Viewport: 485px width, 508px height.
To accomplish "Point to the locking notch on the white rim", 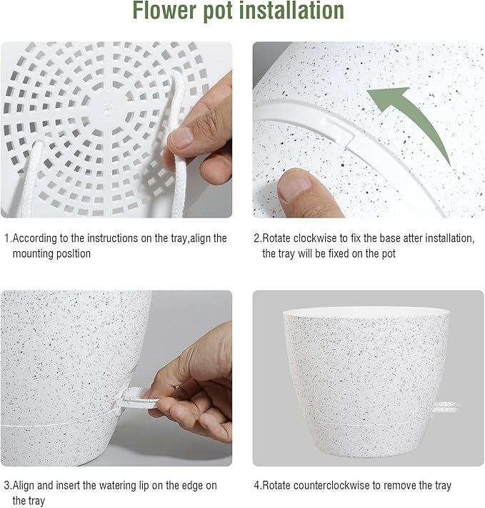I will [x=344, y=133].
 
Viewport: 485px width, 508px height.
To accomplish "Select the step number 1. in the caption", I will [x=8, y=238].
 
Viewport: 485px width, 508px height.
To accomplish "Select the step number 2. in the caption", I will [x=258, y=238].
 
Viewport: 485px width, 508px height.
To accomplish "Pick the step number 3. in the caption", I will [x=8, y=485].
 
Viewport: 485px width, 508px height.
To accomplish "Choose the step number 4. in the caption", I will [x=258, y=485].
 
